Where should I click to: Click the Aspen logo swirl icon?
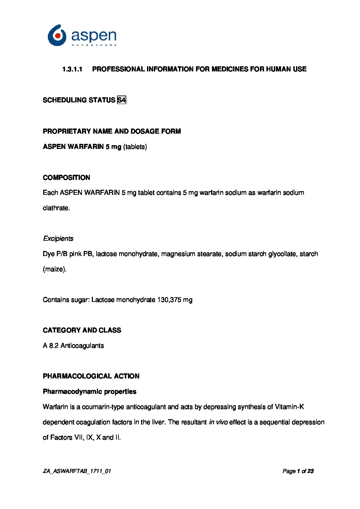coord(57,35)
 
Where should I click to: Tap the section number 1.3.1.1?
coord(72,69)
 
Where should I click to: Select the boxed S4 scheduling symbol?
coord(121,100)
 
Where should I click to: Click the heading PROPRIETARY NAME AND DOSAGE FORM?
coord(112,131)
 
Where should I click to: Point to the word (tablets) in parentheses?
coord(135,147)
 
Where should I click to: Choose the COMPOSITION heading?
coord(66,177)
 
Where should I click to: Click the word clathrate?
coord(56,208)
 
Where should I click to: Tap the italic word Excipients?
coord(58,238)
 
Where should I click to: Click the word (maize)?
coord(54,269)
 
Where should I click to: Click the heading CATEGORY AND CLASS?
coord(82,330)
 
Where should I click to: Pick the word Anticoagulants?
coord(82,345)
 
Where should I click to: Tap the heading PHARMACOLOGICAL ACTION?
coord(91,376)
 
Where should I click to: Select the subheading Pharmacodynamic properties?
coord(89,391)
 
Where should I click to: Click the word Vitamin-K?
coord(289,407)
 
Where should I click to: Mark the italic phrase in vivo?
coord(218,422)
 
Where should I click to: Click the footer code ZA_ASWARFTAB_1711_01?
coord(77,471)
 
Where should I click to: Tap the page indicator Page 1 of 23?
coord(298,471)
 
